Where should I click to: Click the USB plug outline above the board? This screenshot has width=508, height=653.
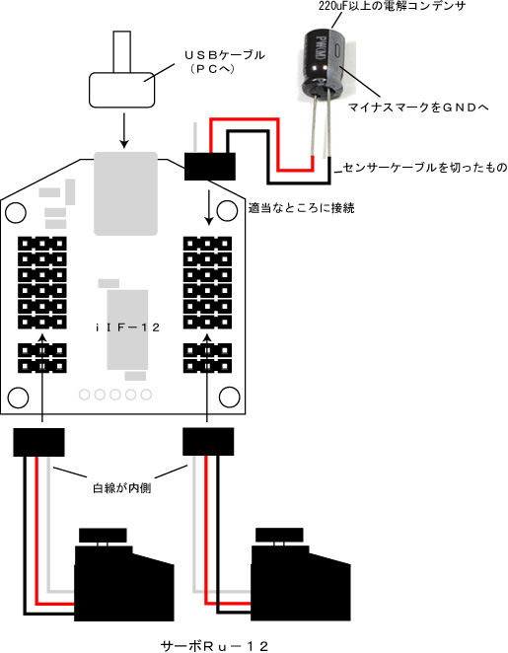(122, 89)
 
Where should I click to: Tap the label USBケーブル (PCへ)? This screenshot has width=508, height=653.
(224, 61)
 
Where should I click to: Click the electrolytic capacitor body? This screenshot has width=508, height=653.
(324, 60)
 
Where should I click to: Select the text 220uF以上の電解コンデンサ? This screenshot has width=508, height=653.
(392, 6)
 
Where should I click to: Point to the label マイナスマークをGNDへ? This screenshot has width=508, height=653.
(417, 108)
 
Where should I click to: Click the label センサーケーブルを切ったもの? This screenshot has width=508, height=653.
(425, 168)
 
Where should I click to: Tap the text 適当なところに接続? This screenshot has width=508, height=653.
(301, 207)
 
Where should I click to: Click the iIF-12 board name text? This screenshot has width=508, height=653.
(127, 327)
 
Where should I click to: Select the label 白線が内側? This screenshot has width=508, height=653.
(121, 487)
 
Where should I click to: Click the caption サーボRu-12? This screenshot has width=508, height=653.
(214, 646)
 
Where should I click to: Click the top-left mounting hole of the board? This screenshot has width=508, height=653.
(16, 212)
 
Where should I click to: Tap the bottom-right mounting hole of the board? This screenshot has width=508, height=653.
(229, 397)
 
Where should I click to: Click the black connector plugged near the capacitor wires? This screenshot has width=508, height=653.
(210, 167)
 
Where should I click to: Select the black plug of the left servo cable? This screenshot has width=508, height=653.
(38, 442)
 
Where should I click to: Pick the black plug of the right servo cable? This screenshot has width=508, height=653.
(208, 442)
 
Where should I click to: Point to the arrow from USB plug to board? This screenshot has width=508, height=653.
(123, 130)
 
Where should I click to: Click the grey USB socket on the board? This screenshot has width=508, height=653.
(125, 193)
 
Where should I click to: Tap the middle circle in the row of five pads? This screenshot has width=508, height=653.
(115, 395)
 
